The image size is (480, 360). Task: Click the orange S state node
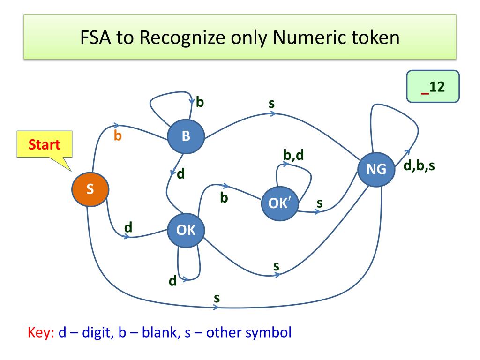click(x=90, y=189)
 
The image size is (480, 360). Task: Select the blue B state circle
click(x=186, y=136)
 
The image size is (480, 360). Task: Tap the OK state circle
click(x=186, y=230)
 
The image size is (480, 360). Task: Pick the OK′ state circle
click(x=279, y=204)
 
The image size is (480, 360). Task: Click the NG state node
click(x=376, y=169)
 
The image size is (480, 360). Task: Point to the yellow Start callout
click(x=45, y=144)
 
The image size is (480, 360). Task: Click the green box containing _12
click(x=433, y=87)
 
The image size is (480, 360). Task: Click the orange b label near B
click(x=118, y=137)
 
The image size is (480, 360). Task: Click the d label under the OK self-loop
click(x=172, y=281)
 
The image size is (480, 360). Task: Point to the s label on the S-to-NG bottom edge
click(x=217, y=298)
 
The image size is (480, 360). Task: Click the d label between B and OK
click(x=181, y=174)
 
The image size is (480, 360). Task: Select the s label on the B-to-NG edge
click(x=271, y=103)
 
